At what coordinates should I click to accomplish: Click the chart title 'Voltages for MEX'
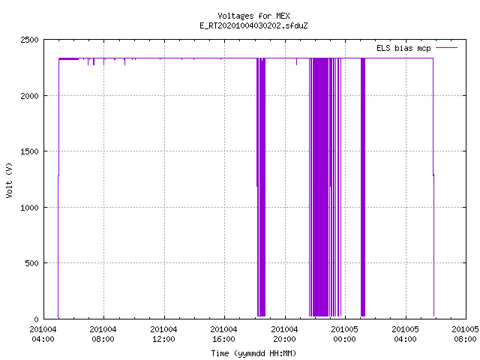pyautogui.click(x=253, y=16)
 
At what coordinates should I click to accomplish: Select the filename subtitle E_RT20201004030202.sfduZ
pyautogui.click(x=253, y=25)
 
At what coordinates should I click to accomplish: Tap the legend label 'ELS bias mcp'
pyautogui.click(x=403, y=48)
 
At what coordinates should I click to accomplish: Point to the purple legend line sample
pyautogui.click(x=446, y=48)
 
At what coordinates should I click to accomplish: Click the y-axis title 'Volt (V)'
pyautogui.click(x=9, y=180)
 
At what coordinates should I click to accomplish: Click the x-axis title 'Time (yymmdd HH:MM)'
pyautogui.click(x=253, y=353)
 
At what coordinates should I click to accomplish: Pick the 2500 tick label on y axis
pyautogui.click(x=29, y=40)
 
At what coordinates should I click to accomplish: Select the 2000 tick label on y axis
pyautogui.click(x=29, y=96)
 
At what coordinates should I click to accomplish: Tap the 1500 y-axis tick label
pyautogui.click(x=29, y=151)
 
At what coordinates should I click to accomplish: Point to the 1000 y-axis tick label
pyautogui.click(x=29, y=208)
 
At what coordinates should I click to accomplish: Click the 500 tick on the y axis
pyautogui.click(x=31, y=263)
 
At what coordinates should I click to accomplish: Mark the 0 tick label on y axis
pyautogui.click(x=37, y=319)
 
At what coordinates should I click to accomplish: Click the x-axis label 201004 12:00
pyautogui.click(x=163, y=334)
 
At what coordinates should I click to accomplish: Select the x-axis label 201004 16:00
pyautogui.click(x=223, y=334)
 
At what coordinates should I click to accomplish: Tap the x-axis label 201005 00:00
pyautogui.click(x=345, y=334)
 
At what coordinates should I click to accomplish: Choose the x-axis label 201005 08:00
pyautogui.click(x=465, y=334)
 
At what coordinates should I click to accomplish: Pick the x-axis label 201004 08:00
pyautogui.click(x=103, y=334)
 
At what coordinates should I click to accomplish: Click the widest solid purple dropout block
pyautogui.click(x=320, y=187)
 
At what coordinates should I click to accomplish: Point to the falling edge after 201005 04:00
pyautogui.click(x=433, y=187)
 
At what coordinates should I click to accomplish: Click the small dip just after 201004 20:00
pyautogui.click(x=296, y=61)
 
